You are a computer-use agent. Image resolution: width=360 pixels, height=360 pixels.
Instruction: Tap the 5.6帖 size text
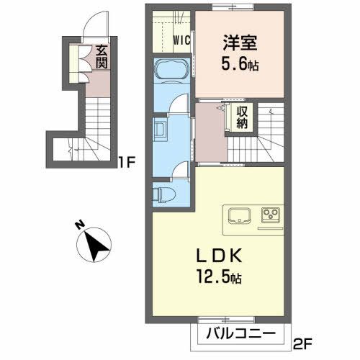[x=238, y=64]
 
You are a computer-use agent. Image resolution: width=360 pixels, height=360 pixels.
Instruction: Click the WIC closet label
[x=181, y=41]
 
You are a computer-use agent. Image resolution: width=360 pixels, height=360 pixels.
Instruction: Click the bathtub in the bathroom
[x=171, y=71]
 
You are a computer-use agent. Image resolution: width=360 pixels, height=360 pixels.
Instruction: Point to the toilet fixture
[x=163, y=194]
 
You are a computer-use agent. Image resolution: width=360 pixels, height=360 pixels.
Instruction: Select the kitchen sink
[x=238, y=215]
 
